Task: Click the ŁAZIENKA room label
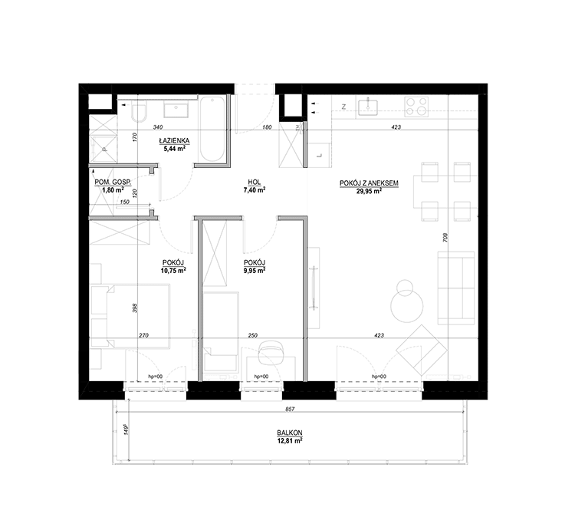(x=174, y=140)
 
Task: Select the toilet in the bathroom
(x=139, y=112)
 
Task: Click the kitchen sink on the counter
(x=368, y=107)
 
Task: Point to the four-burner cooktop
(x=416, y=107)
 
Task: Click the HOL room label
(x=254, y=183)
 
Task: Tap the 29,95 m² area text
(x=370, y=191)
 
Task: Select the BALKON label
(x=290, y=433)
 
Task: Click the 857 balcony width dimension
(x=290, y=409)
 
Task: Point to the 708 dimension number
(x=445, y=238)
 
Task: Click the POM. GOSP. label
(x=113, y=183)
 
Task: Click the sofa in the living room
(x=456, y=288)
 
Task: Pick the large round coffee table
(x=406, y=305)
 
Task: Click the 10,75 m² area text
(x=173, y=271)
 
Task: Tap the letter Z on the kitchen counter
(x=344, y=107)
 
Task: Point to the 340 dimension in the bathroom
(x=158, y=127)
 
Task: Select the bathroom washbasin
(x=176, y=110)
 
